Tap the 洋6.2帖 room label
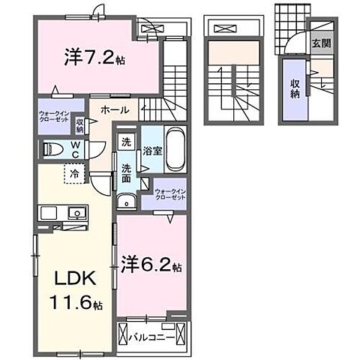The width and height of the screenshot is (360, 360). [151, 265]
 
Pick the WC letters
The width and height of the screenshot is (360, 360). [75, 149]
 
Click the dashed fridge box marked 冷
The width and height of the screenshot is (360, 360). [74, 172]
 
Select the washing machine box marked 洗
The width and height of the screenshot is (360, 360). [126, 142]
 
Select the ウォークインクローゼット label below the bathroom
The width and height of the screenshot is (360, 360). [171, 195]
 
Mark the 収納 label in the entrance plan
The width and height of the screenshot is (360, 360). [295, 88]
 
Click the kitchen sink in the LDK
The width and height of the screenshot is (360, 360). [76, 214]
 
